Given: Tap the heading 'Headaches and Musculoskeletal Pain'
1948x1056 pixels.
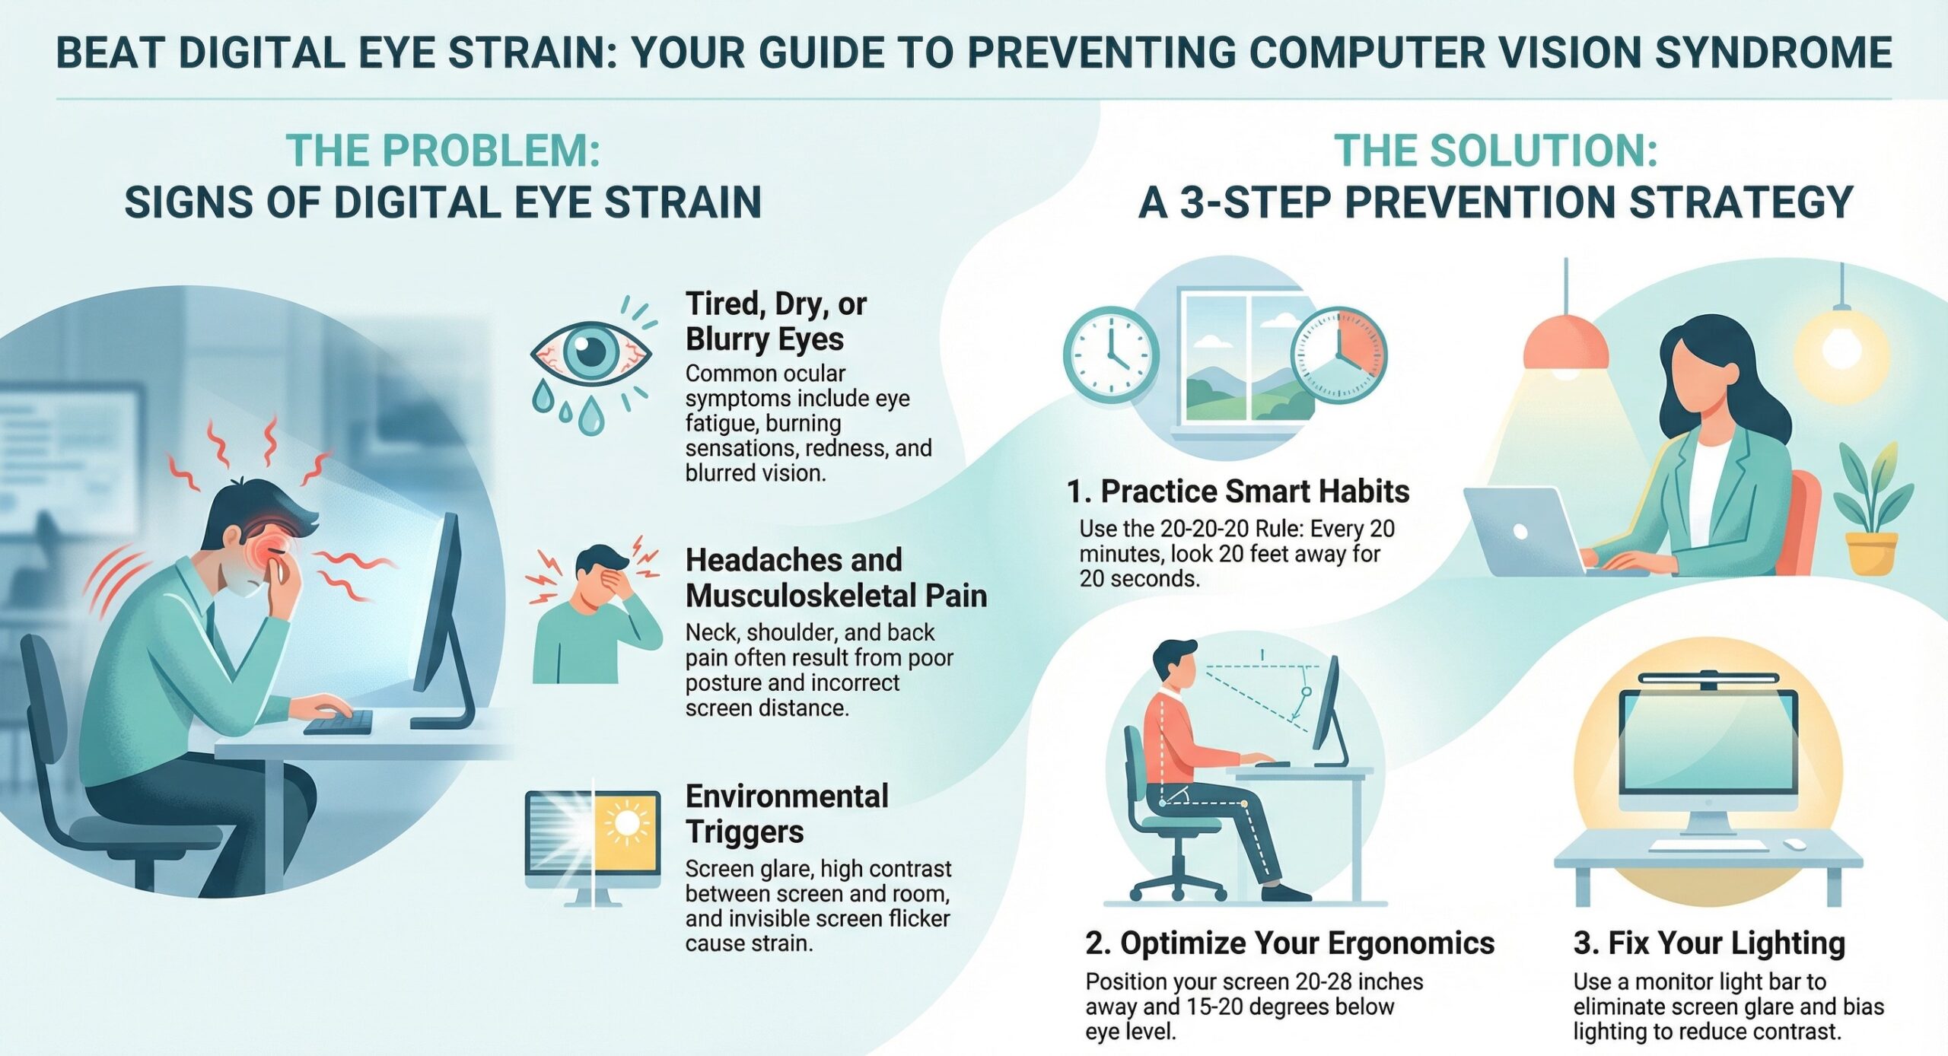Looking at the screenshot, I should click(x=836, y=577).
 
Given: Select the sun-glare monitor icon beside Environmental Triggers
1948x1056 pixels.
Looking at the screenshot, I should click(x=593, y=841).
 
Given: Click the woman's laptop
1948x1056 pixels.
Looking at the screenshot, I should click(x=1522, y=533).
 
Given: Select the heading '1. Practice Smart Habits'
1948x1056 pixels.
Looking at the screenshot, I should click(x=1237, y=491).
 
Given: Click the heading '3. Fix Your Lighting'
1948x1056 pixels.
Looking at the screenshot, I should click(x=1709, y=943).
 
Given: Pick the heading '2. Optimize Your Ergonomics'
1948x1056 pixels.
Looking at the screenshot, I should click(x=1290, y=943).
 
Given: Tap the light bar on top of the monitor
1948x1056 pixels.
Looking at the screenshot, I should click(x=1708, y=679).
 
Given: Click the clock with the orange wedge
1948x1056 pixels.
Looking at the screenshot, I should click(x=1338, y=355).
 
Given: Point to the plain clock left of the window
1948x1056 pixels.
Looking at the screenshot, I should click(x=1110, y=355).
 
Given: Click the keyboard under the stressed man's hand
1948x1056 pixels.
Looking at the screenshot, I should click(x=339, y=722).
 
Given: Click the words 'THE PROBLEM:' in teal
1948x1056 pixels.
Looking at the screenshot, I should click(x=443, y=151).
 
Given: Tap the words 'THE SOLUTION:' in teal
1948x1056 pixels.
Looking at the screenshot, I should click(x=1495, y=151).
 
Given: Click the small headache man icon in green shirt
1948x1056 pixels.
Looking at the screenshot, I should click(x=594, y=612).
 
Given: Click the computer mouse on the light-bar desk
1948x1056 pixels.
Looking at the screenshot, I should click(x=1794, y=845).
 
